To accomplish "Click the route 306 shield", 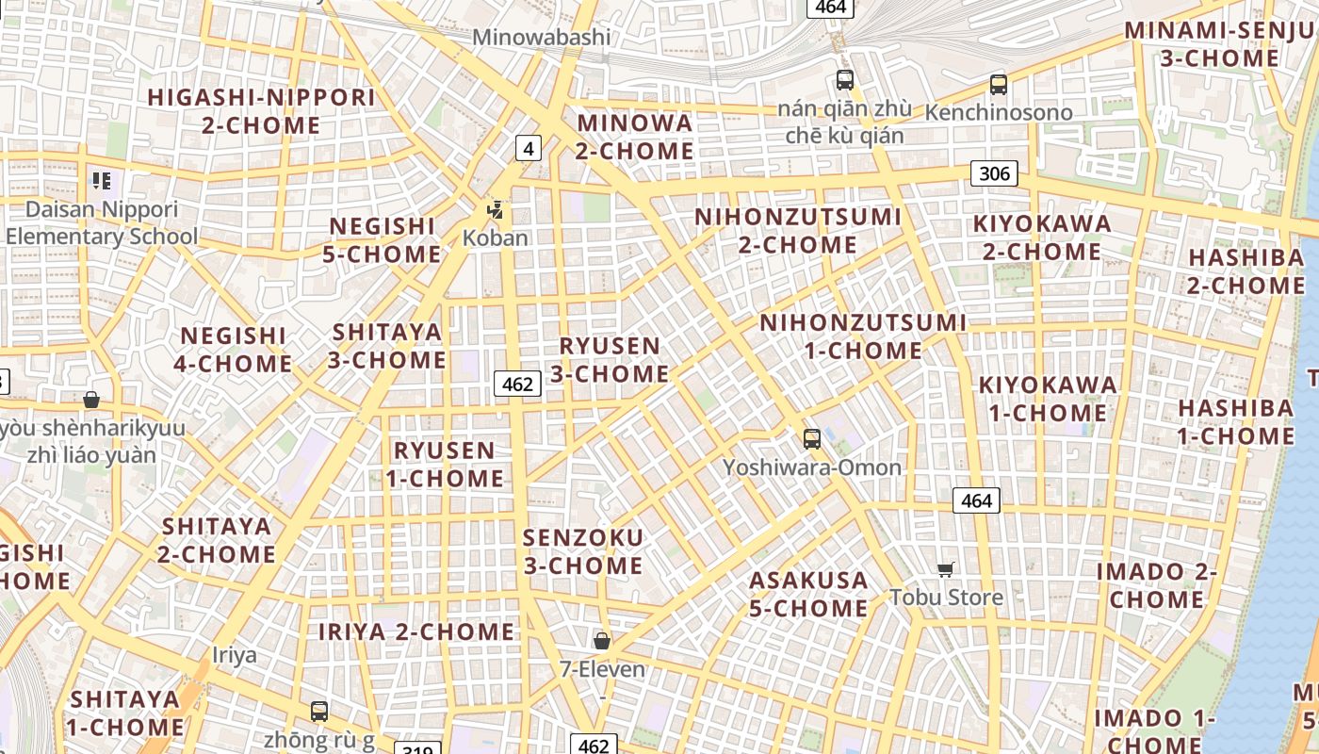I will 994,172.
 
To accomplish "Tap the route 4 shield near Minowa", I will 529,148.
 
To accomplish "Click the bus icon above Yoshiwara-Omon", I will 811,438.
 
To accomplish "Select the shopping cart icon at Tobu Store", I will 946,568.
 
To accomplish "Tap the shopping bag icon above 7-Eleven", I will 602,641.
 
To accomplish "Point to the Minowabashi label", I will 541,38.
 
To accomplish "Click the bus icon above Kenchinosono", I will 999,84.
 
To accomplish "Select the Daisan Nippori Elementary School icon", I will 101,180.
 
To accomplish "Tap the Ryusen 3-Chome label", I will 610,360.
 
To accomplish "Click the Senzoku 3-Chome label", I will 583,551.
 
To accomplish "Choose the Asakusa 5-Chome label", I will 808,594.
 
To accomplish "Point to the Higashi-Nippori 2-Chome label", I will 261,111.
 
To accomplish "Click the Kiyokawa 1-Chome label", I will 1048,399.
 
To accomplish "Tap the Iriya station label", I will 235,655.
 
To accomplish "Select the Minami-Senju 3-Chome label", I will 1219,44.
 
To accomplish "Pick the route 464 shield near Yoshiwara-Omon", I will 975,500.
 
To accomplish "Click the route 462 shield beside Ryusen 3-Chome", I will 517,384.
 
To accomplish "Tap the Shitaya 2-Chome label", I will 217,540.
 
